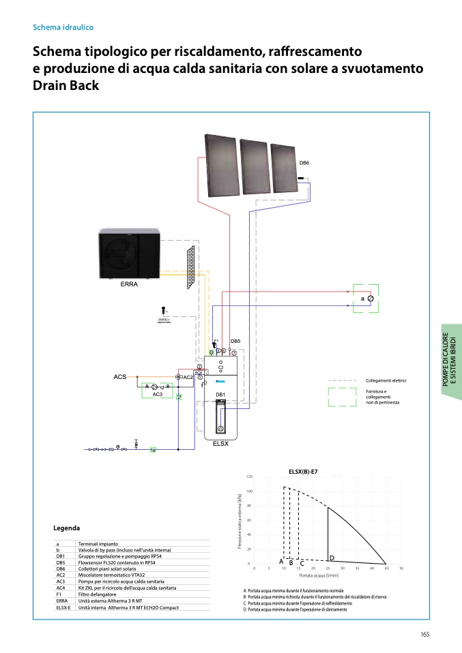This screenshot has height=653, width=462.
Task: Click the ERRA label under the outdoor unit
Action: tap(129, 284)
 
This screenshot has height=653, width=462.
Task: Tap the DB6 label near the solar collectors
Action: tap(304, 163)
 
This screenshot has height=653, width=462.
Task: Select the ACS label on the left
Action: tap(120, 376)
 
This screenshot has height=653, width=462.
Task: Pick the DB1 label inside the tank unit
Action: tap(220, 395)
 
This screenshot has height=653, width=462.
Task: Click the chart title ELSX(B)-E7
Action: tap(304, 471)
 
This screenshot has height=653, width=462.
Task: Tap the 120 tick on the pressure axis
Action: tap(250, 477)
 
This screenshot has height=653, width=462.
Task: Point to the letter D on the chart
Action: tap(332, 558)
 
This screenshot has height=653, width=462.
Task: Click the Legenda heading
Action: tap(66, 528)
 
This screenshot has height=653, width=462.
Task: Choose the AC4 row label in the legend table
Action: tap(61, 588)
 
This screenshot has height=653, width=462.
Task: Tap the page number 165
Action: tap(424, 635)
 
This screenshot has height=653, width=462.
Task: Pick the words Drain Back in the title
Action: tap(66, 86)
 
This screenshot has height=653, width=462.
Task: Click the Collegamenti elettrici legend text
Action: tap(386, 380)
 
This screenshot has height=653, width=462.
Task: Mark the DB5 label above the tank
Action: tap(235, 341)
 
